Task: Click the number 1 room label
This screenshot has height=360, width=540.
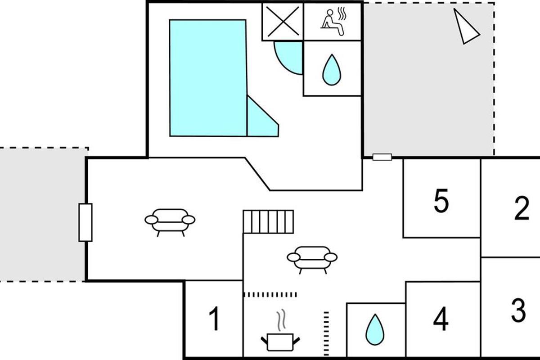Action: click(x=214, y=319)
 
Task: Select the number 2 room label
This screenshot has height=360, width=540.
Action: click(x=522, y=208)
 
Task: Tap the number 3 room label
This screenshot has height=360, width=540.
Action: click(x=518, y=310)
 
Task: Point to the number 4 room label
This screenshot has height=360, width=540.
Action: click(x=441, y=319)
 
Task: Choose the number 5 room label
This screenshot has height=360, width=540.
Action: click(x=441, y=201)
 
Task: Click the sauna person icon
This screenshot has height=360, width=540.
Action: click(x=333, y=22)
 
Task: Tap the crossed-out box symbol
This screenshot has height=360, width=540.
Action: click(x=283, y=22)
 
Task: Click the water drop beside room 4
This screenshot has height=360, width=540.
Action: click(x=375, y=329)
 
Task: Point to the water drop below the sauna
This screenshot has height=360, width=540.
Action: click(x=332, y=70)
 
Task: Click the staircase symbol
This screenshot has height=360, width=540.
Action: click(x=268, y=221)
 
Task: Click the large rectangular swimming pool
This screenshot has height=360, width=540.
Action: click(x=208, y=78)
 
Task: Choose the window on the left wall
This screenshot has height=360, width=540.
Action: click(x=85, y=222)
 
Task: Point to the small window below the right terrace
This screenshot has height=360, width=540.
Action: click(x=382, y=157)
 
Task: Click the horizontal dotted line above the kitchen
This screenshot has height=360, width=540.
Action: click(x=270, y=295)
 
